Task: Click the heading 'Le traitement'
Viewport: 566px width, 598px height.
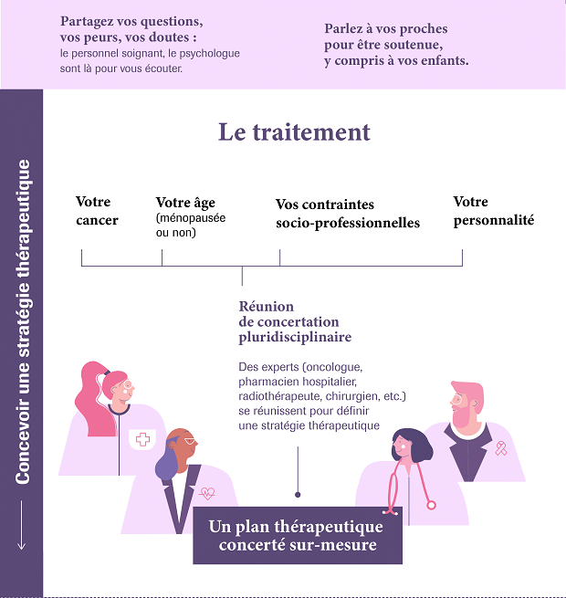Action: pyautogui.click(x=294, y=132)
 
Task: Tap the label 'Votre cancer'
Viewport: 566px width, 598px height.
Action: pyautogui.click(x=97, y=211)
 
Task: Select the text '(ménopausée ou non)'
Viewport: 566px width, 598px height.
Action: pyautogui.click(x=191, y=225)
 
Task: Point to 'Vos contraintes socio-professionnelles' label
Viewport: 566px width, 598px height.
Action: pyautogui.click(x=348, y=214)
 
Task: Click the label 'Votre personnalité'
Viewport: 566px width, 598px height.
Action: pyautogui.click(x=494, y=211)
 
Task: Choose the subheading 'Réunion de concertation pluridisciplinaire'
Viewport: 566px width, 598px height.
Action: pyautogui.click(x=295, y=321)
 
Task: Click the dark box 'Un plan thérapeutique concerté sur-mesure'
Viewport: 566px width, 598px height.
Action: pyautogui.click(x=298, y=535)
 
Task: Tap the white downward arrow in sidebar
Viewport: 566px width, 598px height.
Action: pyautogui.click(x=21, y=525)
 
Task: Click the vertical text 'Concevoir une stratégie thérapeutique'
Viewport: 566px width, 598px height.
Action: pyautogui.click(x=23, y=322)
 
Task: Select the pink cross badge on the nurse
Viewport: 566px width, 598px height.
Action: pyautogui.click(x=142, y=439)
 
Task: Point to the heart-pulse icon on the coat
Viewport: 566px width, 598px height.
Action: pyautogui.click(x=207, y=493)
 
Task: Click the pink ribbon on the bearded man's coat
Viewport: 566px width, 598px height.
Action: pyautogui.click(x=501, y=448)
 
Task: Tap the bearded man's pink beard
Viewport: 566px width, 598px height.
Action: pyautogui.click(x=464, y=415)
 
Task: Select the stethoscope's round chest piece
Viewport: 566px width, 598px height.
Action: pyautogui.click(x=431, y=505)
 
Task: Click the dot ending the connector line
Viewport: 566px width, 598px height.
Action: pyautogui.click(x=298, y=495)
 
